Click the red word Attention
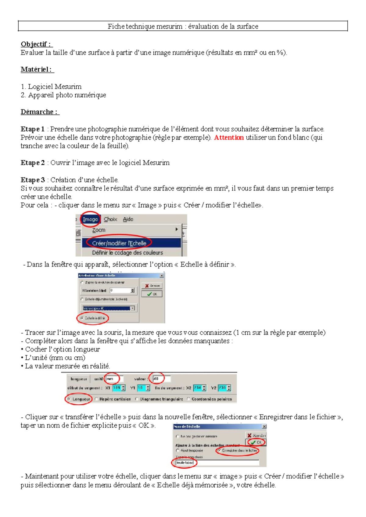(x=229, y=137)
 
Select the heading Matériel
(x=36, y=70)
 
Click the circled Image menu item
(x=90, y=219)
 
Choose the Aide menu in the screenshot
(x=128, y=219)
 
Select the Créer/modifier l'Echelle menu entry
(x=119, y=243)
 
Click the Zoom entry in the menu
(x=99, y=230)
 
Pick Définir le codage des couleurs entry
(x=127, y=253)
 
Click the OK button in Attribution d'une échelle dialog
(x=152, y=294)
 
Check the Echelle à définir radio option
(x=82, y=318)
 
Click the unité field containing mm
(x=113, y=379)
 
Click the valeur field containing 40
(x=160, y=379)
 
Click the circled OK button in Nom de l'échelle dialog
(x=256, y=442)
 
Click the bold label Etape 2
(x=33, y=163)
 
